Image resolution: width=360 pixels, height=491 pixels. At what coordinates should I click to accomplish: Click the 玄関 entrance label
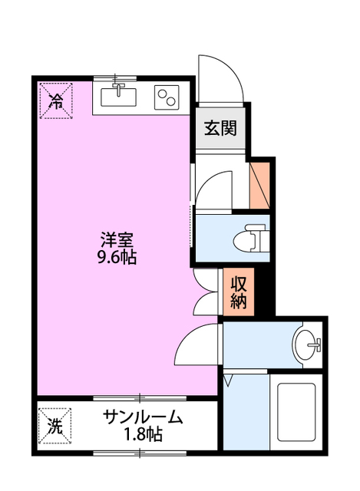[x=220, y=128]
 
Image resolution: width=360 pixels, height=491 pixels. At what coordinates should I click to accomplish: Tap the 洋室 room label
[x=117, y=239]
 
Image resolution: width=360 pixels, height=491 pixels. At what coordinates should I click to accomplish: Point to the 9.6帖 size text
[x=117, y=258]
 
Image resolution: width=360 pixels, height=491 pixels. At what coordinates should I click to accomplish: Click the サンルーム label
[x=144, y=419]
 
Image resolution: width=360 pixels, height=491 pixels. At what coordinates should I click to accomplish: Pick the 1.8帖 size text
[x=144, y=435]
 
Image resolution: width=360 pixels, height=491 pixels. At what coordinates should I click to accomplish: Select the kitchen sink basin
[x=118, y=97]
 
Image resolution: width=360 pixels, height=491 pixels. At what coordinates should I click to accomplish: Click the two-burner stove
[x=168, y=97]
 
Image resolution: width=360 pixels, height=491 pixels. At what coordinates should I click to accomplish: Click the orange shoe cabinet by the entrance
[x=259, y=184]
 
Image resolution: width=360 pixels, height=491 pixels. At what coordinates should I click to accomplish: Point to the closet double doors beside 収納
[x=206, y=292]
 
